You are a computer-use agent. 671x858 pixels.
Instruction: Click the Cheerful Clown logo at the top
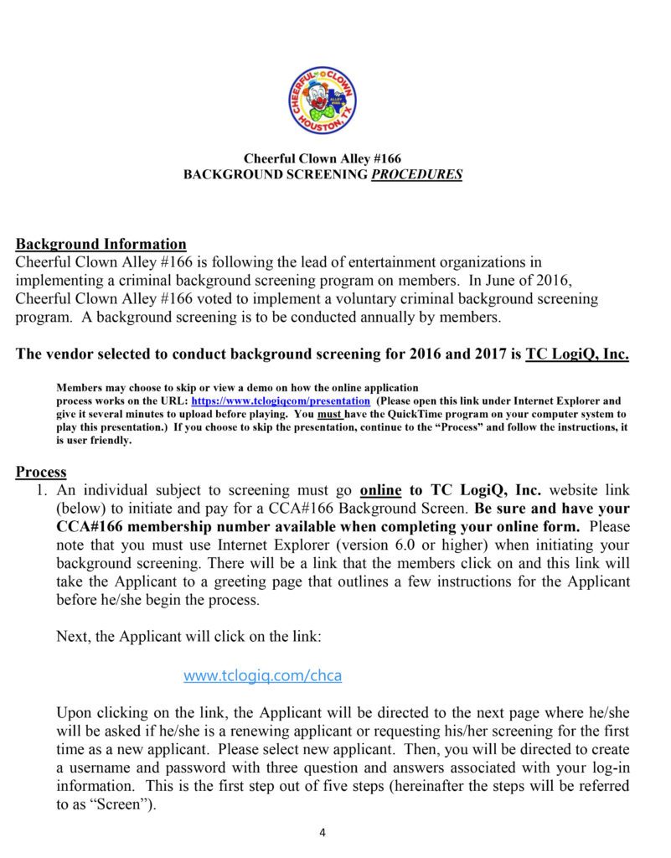(323, 99)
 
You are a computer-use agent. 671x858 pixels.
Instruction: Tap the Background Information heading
(101, 245)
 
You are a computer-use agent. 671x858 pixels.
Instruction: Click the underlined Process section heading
(41, 472)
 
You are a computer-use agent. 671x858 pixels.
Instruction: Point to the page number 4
(323, 833)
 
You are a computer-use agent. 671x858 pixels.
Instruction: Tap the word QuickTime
(417, 414)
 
